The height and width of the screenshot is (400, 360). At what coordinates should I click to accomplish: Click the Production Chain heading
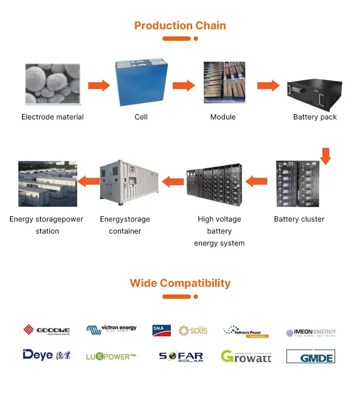(x=180, y=25)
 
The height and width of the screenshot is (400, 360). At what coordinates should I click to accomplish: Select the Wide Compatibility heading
(x=180, y=283)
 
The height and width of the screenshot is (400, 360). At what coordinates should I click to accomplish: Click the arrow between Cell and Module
(x=184, y=86)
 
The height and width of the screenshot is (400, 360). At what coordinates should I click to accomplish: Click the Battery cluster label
(x=299, y=219)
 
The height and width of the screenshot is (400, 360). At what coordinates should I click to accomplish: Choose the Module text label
(x=223, y=117)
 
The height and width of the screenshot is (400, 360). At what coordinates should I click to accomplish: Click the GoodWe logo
(x=47, y=330)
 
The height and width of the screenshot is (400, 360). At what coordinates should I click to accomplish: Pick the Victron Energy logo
(x=111, y=329)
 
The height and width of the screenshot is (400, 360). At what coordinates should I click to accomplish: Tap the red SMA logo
(x=162, y=330)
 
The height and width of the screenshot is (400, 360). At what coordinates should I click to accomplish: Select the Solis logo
(x=193, y=330)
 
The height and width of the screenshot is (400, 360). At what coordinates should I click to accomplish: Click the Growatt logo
(x=246, y=356)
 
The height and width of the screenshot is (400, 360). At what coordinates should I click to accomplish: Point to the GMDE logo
(x=310, y=356)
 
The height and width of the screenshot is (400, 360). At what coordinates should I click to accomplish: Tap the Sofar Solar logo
(x=181, y=357)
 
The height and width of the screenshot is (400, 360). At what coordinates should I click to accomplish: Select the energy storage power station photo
(x=47, y=184)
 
